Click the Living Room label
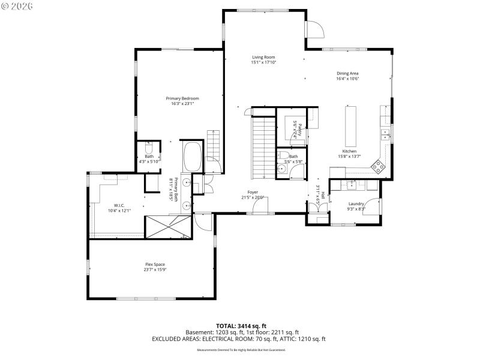pyautogui.click(x=263, y=57)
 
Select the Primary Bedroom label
pyautogui.click(x=182, y=98)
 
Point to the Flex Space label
pyautogui.click(x=155, y=265)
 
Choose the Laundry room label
pyautogui.click(x=356, y=204)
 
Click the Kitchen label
pyautogui.click(x=349, y=151)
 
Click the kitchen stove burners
pyautogui.click(x=378, y=166)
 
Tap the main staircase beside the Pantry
pyautogui.click(x=263, y=146)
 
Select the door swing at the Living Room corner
pyautogui.click(x=315, y=29)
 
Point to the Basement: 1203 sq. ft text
pyautogui.click(x=212, y=332)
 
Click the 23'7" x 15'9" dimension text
pyautogui.click(x=155, y=270)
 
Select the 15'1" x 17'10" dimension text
pyautogui.click(x=263, y=62)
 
